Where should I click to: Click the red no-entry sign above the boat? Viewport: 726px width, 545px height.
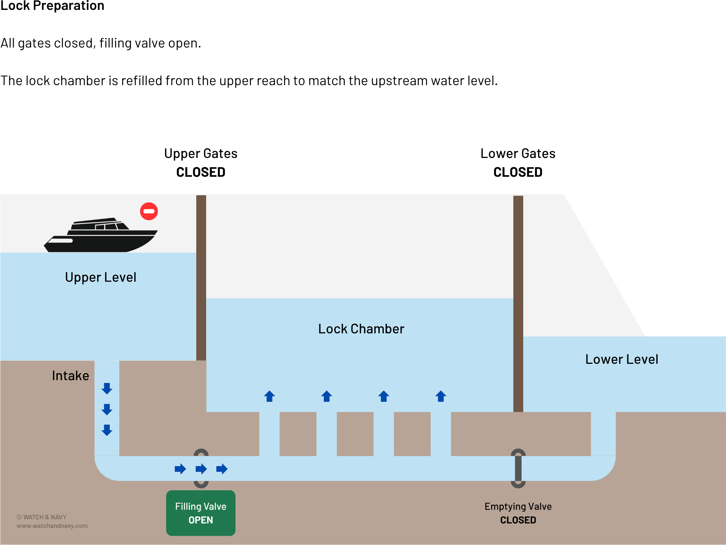point(149,211)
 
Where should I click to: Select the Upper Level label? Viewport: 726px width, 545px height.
point(100,277)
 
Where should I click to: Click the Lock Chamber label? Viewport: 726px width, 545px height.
point(361,329)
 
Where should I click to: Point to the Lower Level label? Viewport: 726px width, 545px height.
point(621,359)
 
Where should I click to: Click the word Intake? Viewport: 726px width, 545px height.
point(70,376)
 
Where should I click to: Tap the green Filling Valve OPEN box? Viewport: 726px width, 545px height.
point(201,513)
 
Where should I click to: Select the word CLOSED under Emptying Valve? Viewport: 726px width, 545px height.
point(518,520)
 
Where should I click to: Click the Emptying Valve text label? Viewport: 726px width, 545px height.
point(518,506)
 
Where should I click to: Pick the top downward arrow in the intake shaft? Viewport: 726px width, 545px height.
point(107,388)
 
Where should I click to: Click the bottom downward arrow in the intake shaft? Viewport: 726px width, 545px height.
point(107,430)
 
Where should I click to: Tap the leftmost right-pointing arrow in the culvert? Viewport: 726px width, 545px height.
point(180,469)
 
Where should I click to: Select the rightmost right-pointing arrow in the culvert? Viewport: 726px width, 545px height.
point(222,469)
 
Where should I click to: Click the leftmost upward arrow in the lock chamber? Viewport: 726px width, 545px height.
point(269,396)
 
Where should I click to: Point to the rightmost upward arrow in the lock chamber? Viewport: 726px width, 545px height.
point(441,396)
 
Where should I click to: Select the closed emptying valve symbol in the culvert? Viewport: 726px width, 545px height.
point(518,468)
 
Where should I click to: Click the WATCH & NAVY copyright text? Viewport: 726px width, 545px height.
point(41,517)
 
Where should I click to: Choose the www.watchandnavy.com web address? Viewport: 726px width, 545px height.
point(52,526)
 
